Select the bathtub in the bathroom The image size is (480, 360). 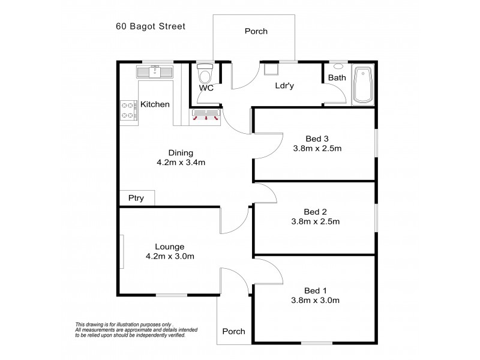click(364, 85)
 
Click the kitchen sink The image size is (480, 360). click(155, 73)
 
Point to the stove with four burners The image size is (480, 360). click(128, 109)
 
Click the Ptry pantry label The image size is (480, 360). click(136, 199)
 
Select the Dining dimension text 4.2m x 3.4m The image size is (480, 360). click(181, 163)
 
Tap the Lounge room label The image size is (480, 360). click(169, 247)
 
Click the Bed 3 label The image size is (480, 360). click(317, 137)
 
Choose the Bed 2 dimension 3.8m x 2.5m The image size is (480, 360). click(316, 221)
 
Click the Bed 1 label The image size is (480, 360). click(317, 290)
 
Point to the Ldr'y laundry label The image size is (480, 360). click(284, 86)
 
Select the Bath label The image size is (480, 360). click(337, 78)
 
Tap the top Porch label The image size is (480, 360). click(256, 31)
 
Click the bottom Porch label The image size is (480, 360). click(234, 331)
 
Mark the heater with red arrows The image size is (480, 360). click(206, 115)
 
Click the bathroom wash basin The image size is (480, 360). click(337, 67)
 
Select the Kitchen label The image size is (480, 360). click(155, 104)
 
